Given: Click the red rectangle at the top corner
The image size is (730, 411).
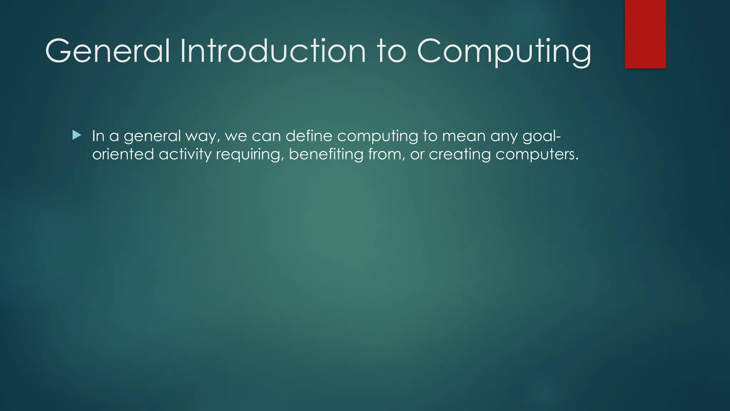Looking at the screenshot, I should click(x=645, y=34).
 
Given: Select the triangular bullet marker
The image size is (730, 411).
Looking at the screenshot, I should click(x=77, y=135).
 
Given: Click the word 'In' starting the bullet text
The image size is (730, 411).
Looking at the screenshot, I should click(x=98, y=136).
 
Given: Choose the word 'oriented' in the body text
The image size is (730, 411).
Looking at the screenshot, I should click(x=123, y=154).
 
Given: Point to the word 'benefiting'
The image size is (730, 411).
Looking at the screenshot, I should click(x=326, y=154).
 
